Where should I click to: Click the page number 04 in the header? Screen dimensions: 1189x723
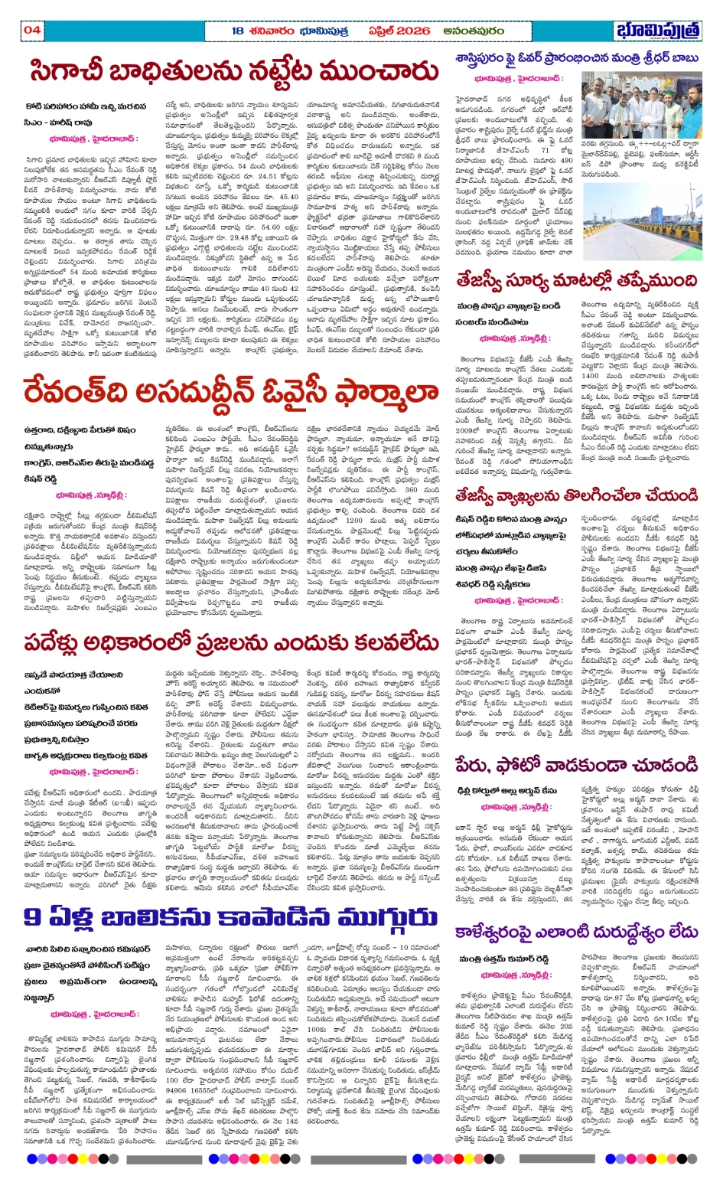tap(32, 31)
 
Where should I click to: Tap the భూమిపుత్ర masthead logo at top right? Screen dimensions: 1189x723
tap(657, 31)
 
